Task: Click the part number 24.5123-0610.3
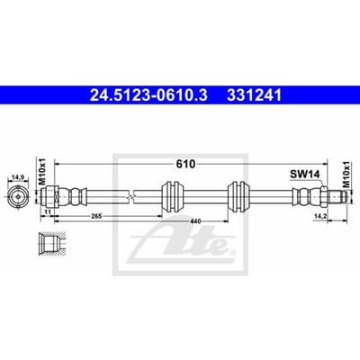tap(148, 95)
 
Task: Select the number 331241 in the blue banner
tap(255, 95)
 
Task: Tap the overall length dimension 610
tap(185, 164)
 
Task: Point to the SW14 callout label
tap(305, 175)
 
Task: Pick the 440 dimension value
tap(196, 221)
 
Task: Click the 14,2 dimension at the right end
tap(319, 216)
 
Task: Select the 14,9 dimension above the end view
tap(18, 178)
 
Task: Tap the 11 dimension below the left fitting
tap(48, 211)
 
